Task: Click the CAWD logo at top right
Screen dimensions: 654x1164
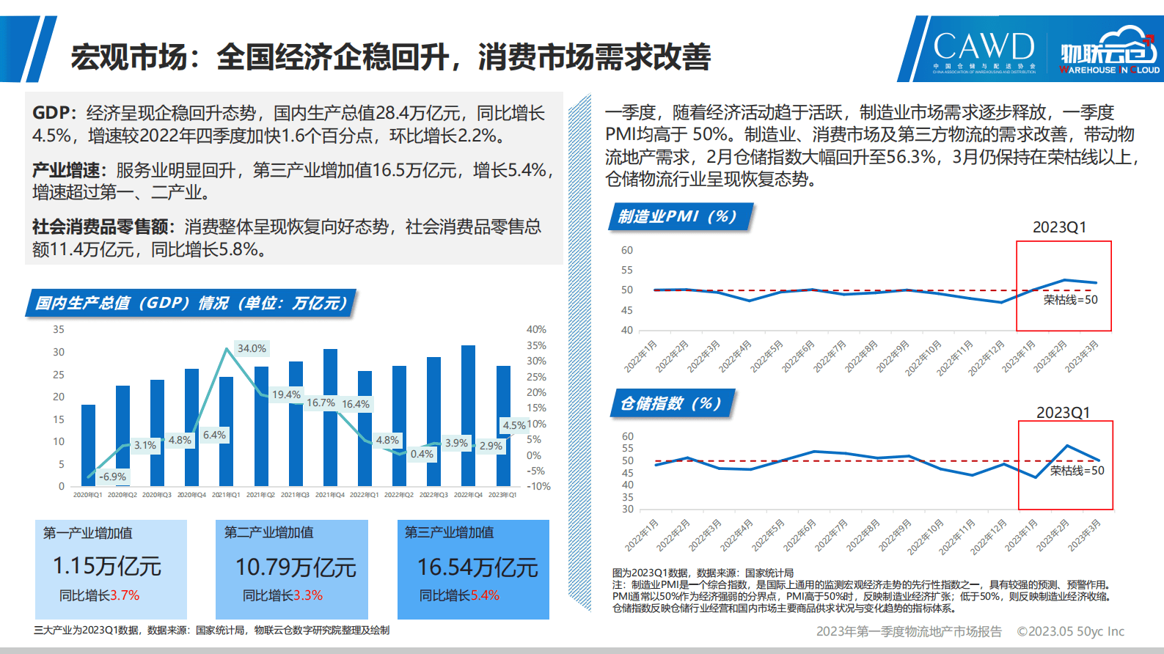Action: tap(983, 48)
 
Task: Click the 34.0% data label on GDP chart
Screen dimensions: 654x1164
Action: tap(252, 348)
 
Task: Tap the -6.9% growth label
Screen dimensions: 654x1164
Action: tap(113, 477)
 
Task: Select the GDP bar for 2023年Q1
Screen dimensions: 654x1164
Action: tap(503, 425)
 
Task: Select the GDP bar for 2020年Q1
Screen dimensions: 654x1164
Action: tap(88, 445)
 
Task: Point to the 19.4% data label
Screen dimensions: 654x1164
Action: tap(286, 394)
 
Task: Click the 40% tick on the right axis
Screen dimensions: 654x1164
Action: tap(536, 330)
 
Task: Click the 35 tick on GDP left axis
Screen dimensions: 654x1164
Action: tap(59, 330)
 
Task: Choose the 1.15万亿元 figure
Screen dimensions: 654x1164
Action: tap(107, 566)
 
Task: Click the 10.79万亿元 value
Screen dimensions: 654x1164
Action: tap(296, 567)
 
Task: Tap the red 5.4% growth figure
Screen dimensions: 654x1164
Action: tap(485, 595)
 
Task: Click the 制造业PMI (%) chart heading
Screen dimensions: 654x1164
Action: tap(677, 216)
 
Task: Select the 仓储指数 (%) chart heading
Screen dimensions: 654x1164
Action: tap(670, 403)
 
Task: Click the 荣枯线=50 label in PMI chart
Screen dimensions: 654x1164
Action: tap(1070, 300)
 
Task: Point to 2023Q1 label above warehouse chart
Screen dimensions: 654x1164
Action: tap(1063, 413)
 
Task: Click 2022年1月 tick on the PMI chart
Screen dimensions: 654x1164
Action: tap(640, 356)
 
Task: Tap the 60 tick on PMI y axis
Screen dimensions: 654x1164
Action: tap(627, 250)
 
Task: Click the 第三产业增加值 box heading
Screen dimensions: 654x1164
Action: tap(449, 532)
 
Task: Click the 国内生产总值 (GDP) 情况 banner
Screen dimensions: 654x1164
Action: tap(191, 303)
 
